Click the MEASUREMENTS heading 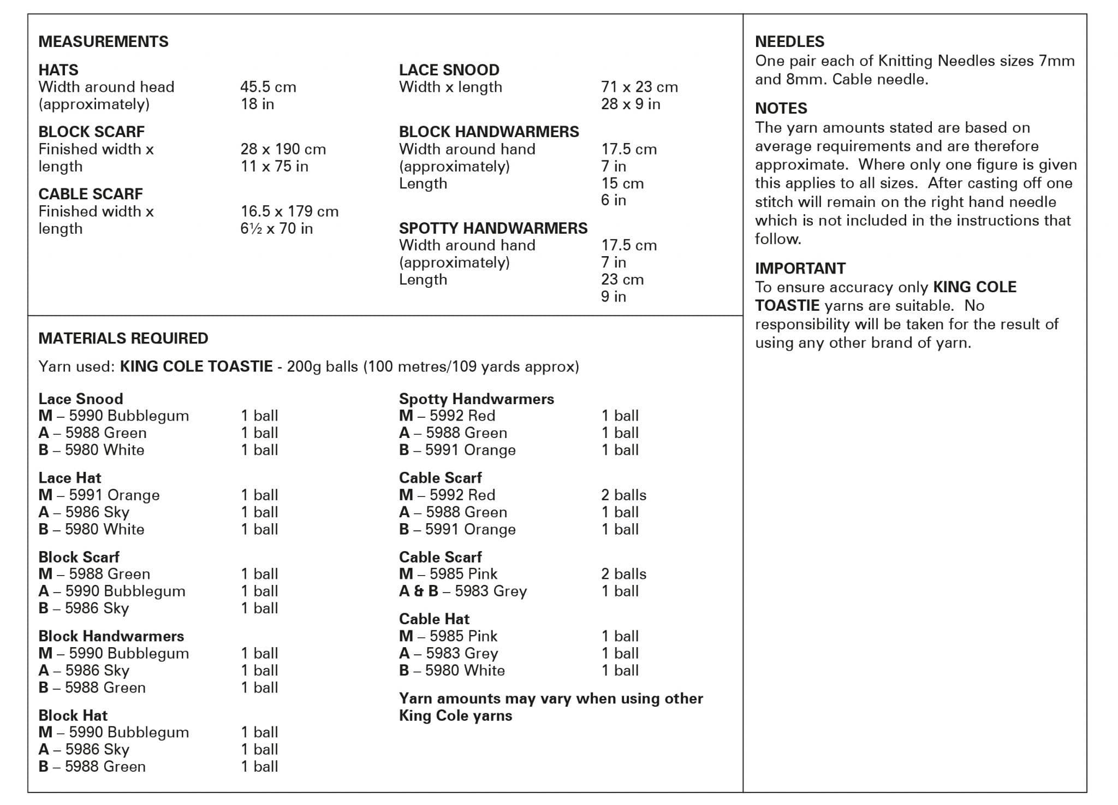(103, 42)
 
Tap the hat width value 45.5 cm (268, 87)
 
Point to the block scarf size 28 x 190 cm (283, 149)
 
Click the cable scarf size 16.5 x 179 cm (289, 211)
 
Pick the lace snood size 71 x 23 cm (639, 87)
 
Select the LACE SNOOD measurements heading (449, 70)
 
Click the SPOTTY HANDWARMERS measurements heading (493, 228)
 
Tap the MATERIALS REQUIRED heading (123, 338)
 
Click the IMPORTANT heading (800, 268)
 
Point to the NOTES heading (781, 108)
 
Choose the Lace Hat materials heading (70, 478)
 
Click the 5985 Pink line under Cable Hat (448, 636)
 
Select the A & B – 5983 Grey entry (463, 591)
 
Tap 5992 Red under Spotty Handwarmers (447, 416)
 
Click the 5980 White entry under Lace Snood (92, 450)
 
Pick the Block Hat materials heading (73, 715)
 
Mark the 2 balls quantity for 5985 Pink (623, 574)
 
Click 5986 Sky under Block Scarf (84, 608)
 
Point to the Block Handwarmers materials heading (111, 636)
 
